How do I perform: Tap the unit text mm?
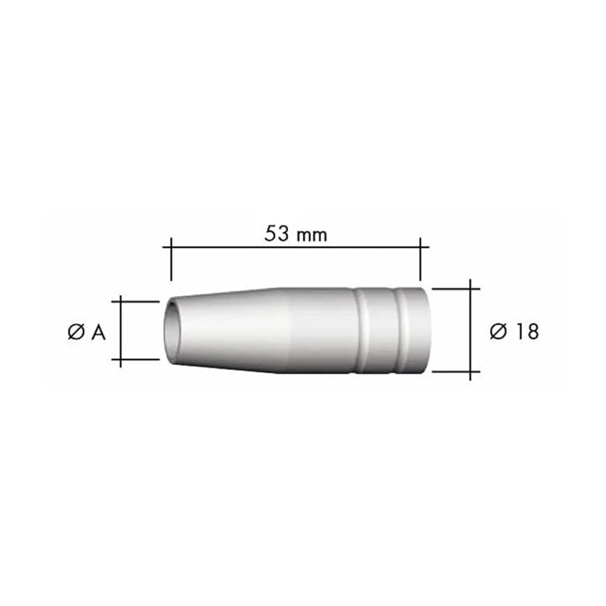tap(312, 236)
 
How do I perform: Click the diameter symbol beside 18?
tap(498, 331)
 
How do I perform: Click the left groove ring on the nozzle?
tap(360, 331)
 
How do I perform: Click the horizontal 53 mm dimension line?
tap(296, 247)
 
